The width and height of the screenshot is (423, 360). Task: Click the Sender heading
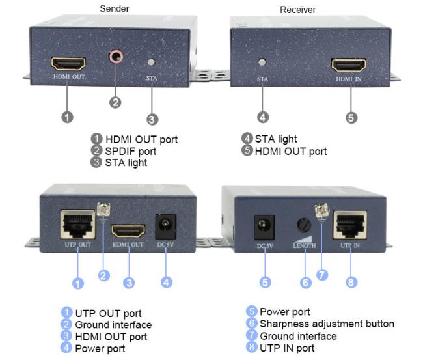pos(115,8)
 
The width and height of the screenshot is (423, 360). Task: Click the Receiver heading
pos(298,10)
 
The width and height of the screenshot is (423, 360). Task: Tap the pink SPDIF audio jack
pos(116,57)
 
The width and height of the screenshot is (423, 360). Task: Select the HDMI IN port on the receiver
pos(349,65)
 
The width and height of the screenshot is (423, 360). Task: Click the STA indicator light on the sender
pos(152,62)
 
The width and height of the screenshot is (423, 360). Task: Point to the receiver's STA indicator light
pos(262,62)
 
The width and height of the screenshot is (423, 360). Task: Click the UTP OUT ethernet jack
pos(77,225)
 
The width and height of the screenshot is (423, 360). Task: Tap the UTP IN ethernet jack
pos(350,225)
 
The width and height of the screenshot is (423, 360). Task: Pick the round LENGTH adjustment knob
pos(304,225)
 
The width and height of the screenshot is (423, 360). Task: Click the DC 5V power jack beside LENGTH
pos(264,227)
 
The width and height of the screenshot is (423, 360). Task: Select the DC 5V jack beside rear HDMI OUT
pos(166,227)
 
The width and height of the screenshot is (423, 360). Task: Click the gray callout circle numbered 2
pos(115,103)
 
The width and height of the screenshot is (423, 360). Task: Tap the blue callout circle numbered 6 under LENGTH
pos(306,283)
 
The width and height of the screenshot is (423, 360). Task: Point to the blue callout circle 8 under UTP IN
pos(351,283)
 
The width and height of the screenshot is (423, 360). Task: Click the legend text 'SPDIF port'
pos(131,152)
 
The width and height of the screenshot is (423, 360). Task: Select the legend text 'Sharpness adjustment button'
pos(327,324)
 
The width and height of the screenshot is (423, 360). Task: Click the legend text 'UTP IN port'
pos(287,348)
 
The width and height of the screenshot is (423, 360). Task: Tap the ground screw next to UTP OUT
pos(103,210)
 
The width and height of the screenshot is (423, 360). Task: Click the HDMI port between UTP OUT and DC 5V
pos(128,231)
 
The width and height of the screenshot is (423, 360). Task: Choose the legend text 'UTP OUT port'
pos(108,313)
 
